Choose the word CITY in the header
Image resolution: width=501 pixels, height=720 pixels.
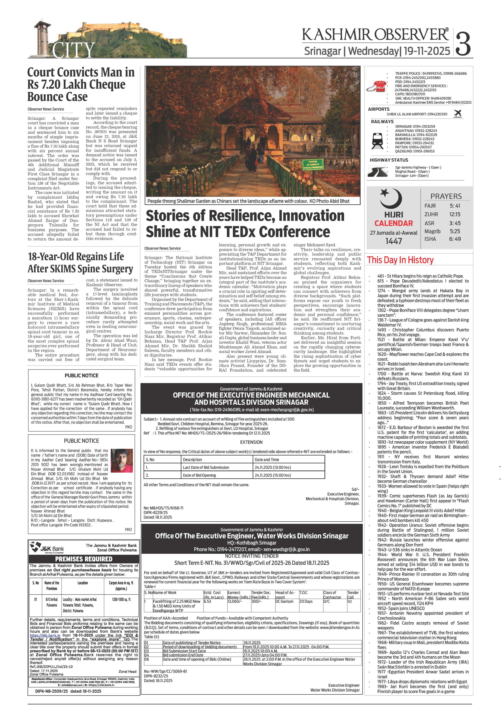coord(73,50)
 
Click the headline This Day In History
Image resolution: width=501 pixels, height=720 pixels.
coord(400,260)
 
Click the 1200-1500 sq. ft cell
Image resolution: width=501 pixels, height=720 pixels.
coord(121,599)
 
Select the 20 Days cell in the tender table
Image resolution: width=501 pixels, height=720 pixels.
coord(306,601)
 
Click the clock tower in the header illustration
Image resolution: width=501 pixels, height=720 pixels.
coord(41,39)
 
